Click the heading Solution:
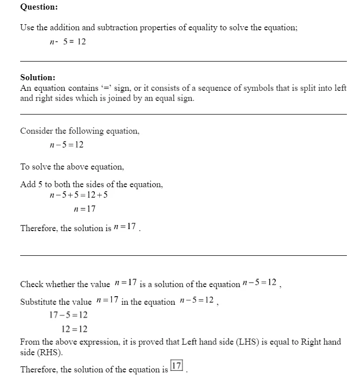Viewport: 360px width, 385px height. [38, 78]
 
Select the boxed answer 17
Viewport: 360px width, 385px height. [176, 366]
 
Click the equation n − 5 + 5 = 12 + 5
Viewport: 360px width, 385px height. [79, 195]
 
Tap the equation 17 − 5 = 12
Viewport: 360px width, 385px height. [68, 315]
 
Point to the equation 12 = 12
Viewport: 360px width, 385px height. [74, 329]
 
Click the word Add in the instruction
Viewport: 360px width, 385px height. [27, 185]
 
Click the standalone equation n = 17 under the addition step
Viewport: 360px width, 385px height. [85, 209]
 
